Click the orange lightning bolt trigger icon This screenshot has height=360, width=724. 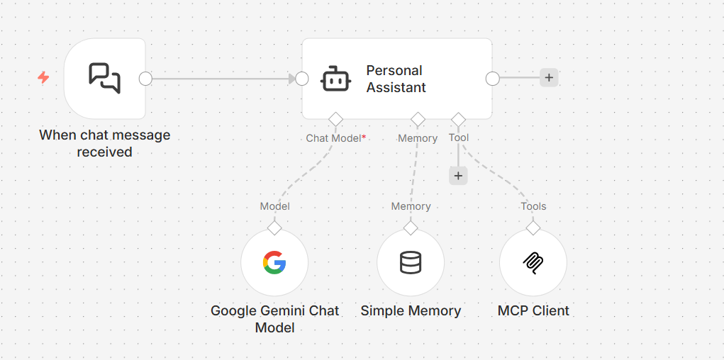(x=43, y=77)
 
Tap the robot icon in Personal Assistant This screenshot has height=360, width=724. (x=335, y=79)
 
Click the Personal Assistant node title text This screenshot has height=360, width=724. (x=396, y=79)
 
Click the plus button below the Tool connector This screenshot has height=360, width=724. (x=458, y=176)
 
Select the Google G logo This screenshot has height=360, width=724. (x=274, y=263)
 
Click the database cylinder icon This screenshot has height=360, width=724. (x=411, y=263)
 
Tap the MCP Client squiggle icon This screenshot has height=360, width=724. (x=533, y=263)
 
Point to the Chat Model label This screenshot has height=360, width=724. (x=333, y=138)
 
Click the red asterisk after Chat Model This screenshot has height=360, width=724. (x=364, y=137)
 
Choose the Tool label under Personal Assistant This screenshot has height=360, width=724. (x=459, y=137)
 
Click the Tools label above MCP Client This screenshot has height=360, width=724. (x=533, y=206)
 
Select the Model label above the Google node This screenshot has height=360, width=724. (x=274, y=206)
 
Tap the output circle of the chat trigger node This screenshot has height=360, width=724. (x=145, y=79)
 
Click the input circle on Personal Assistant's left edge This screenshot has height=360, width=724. (x=302, y=79)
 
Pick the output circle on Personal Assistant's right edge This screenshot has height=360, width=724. (x=493, y=79)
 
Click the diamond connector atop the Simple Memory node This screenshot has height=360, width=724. (x=411, y=228)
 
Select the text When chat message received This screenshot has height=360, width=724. (x=105, y=143)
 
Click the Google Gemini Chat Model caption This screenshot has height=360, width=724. (x=274, y=319)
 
